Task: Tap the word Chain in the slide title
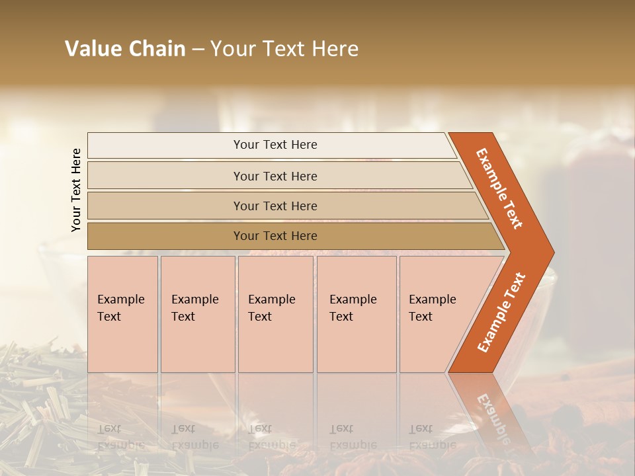click(x=157, y=49)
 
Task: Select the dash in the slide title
click(x=198, y=50)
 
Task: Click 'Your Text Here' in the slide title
click(x=284, y=49)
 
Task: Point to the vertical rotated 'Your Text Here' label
click(x=76, y=190)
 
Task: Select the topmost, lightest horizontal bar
click(x=275, y=145)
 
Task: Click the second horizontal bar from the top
click(x=275, y=176)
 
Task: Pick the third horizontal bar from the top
click(x=275, y=206)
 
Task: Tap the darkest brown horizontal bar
click(x=275, y=236)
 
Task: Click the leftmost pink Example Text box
click(x=122, y=314)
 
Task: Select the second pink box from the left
click(x=197, y=314)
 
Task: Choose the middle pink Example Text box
click(x=275, y=314)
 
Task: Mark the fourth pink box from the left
click(x=357, y=314)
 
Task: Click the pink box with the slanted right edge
click(x=437, y=314)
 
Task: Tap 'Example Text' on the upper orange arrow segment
click(x=499, y=188)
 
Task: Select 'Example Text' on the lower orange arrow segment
click(x=501, y=312)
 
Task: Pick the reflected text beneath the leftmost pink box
click(x=120, y=437)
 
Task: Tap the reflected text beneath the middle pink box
click(x=271, y=437)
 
